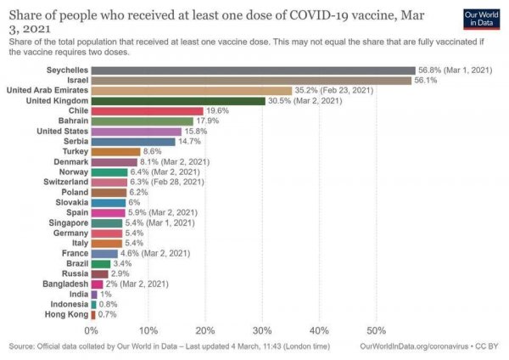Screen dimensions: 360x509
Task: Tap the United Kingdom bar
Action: (x=178, y=100)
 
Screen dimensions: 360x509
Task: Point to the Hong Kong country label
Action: (x=64, y=314)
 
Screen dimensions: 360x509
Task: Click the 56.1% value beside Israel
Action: (x=425, y=80)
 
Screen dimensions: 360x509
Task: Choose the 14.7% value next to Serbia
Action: (x=189, y=141)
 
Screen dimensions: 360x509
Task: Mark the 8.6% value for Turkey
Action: (x=153, y=151)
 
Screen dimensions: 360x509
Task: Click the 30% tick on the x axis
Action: (x=262, y=329)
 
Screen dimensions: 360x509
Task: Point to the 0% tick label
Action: (x=92, y=329)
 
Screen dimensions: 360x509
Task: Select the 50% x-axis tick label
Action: (x=376, y=329)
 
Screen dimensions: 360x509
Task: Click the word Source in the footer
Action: (x=22, y=346)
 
